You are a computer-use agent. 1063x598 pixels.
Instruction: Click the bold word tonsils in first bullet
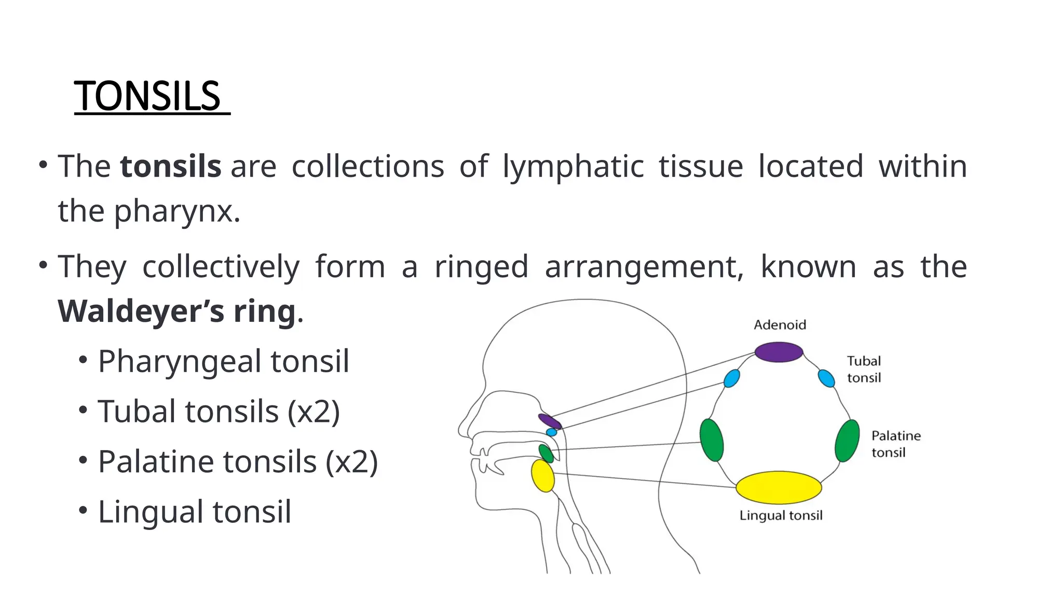click(171, 167)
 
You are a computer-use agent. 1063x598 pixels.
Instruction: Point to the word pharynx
click(176, 212)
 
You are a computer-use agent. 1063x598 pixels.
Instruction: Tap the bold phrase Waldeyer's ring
click(176, 311)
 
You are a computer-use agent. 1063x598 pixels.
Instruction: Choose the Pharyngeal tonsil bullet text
click(223, 361)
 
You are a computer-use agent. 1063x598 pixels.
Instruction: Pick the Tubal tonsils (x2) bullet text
click(219, 412)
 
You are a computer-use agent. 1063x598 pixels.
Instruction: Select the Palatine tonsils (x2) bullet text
click(238, 461)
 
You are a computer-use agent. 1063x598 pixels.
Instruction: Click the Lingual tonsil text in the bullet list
click(194, 512)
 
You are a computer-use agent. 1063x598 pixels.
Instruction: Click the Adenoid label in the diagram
click(780, 325)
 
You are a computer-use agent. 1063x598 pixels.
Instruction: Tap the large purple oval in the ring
click(779, 352)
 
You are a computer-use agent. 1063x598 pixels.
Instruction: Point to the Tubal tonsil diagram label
click(864, 369)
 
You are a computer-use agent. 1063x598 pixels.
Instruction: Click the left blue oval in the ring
click(731, 378)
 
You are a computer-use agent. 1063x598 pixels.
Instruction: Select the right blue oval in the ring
click(826, 378)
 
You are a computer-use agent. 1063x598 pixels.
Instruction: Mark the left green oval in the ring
click(711, 440)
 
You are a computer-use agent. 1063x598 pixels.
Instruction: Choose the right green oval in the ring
click(847, 441)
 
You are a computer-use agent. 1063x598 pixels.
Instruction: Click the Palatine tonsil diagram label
click(895, 444)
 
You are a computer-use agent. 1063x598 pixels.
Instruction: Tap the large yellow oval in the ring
click(779, 487)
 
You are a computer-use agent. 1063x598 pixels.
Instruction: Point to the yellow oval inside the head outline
click(542, 475)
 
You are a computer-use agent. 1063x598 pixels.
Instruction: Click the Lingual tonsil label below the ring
click(781, 515)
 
